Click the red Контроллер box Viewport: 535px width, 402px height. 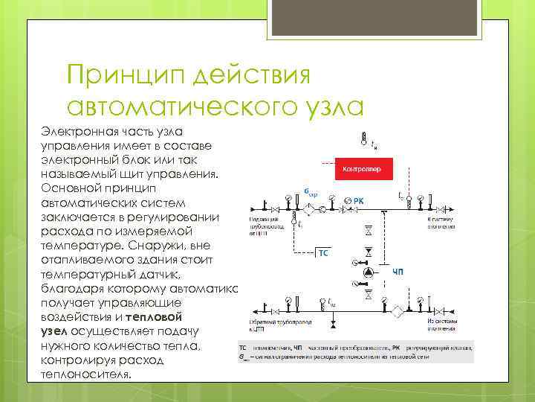tap(362, 170)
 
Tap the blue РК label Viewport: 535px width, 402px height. tap(358, 200)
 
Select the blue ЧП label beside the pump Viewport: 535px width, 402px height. tap(398, 273)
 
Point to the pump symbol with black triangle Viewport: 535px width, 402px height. tap(368, 272)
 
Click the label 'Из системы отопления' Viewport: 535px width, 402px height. tap(444, 325)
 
